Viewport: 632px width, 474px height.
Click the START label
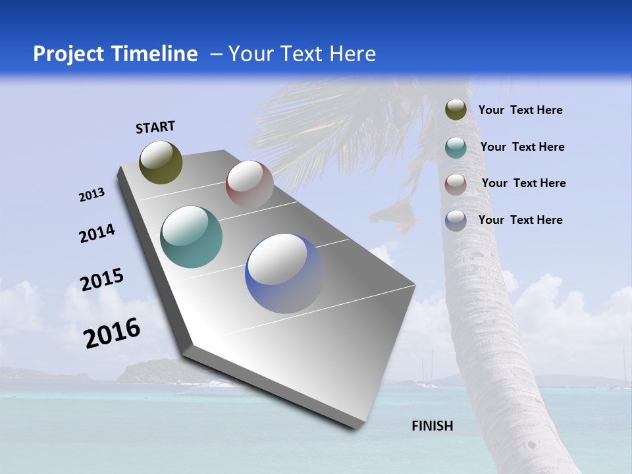click(155, 126)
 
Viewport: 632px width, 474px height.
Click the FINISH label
click(432, 426)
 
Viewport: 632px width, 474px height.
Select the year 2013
click(92, 195)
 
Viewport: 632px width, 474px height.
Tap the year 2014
click(97, 233)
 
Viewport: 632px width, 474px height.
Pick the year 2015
click(102, 280)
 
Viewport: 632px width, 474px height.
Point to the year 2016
click(112, 332)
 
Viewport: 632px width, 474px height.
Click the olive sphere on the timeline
click(161, 162)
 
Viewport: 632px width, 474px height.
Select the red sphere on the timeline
click(250, 184)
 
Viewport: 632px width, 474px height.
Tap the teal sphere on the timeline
click(191, 236)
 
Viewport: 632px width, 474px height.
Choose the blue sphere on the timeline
click(284, 273)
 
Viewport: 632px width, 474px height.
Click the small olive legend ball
click(456, 110)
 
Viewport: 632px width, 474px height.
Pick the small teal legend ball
click(456, 147)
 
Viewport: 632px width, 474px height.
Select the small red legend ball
click(456, 184)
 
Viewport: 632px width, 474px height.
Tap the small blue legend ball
click(456, 220)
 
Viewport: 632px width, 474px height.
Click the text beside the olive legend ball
click(520, 110)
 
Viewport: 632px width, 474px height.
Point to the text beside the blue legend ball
click(520, 220)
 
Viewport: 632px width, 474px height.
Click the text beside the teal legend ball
click(522, 147)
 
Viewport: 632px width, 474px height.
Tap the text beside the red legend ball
click(523, 183)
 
